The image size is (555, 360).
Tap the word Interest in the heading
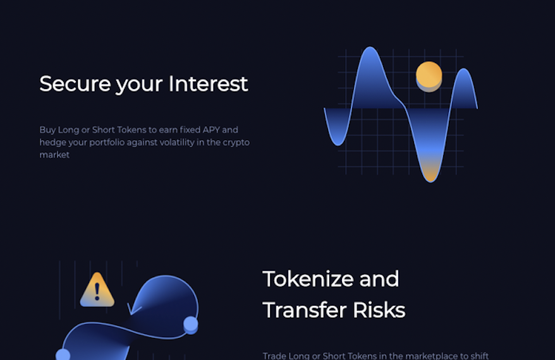[x=208, y=84]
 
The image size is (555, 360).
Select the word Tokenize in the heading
[x=308, y=279]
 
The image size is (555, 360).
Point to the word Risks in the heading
[x=379, y=310]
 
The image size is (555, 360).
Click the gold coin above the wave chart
[x=429, y=76]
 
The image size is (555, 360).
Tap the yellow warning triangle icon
[x=97, y=290]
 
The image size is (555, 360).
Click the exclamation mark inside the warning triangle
[x=97, y=291]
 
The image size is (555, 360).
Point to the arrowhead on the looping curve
[x=133, y=309]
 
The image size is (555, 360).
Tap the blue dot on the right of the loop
[x=191, y=325]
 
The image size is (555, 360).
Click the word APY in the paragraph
[x=211, y=129]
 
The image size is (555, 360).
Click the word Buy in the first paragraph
[x=47, y=130]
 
